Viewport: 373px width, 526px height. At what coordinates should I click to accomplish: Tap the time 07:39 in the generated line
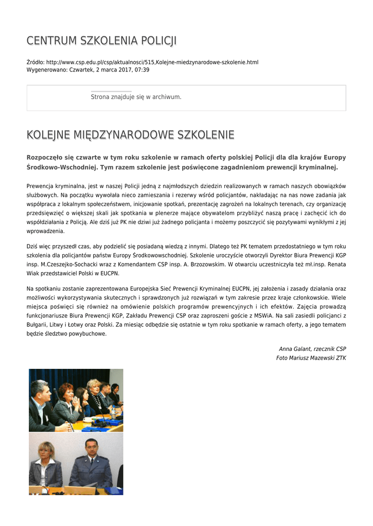tap(142, 69)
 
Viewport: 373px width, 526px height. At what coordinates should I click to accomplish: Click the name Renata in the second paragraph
tap(336, 264)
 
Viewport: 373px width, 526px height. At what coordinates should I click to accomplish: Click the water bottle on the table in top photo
tap(114, 412)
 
